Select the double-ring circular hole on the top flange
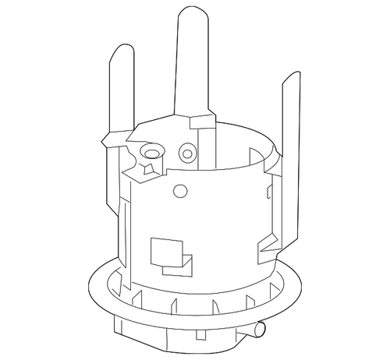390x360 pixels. [186, 151]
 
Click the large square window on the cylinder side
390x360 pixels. [163, 251]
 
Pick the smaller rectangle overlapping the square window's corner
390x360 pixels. [187, 264]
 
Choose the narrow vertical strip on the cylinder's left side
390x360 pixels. [124, 226]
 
